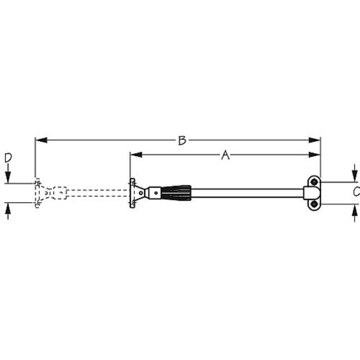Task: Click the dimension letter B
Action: tap(181, 140)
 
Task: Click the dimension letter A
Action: tap(225, 155)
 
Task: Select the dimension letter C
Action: tap(355, 192)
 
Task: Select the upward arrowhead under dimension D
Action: tap(8, 208)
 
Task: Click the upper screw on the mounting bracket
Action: tap(312, 182)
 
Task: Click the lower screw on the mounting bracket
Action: tap(312, 205)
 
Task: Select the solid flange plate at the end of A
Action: tap(132, 193)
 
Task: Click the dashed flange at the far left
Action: tap(37, 193)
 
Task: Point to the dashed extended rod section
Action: tap(97, 193)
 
